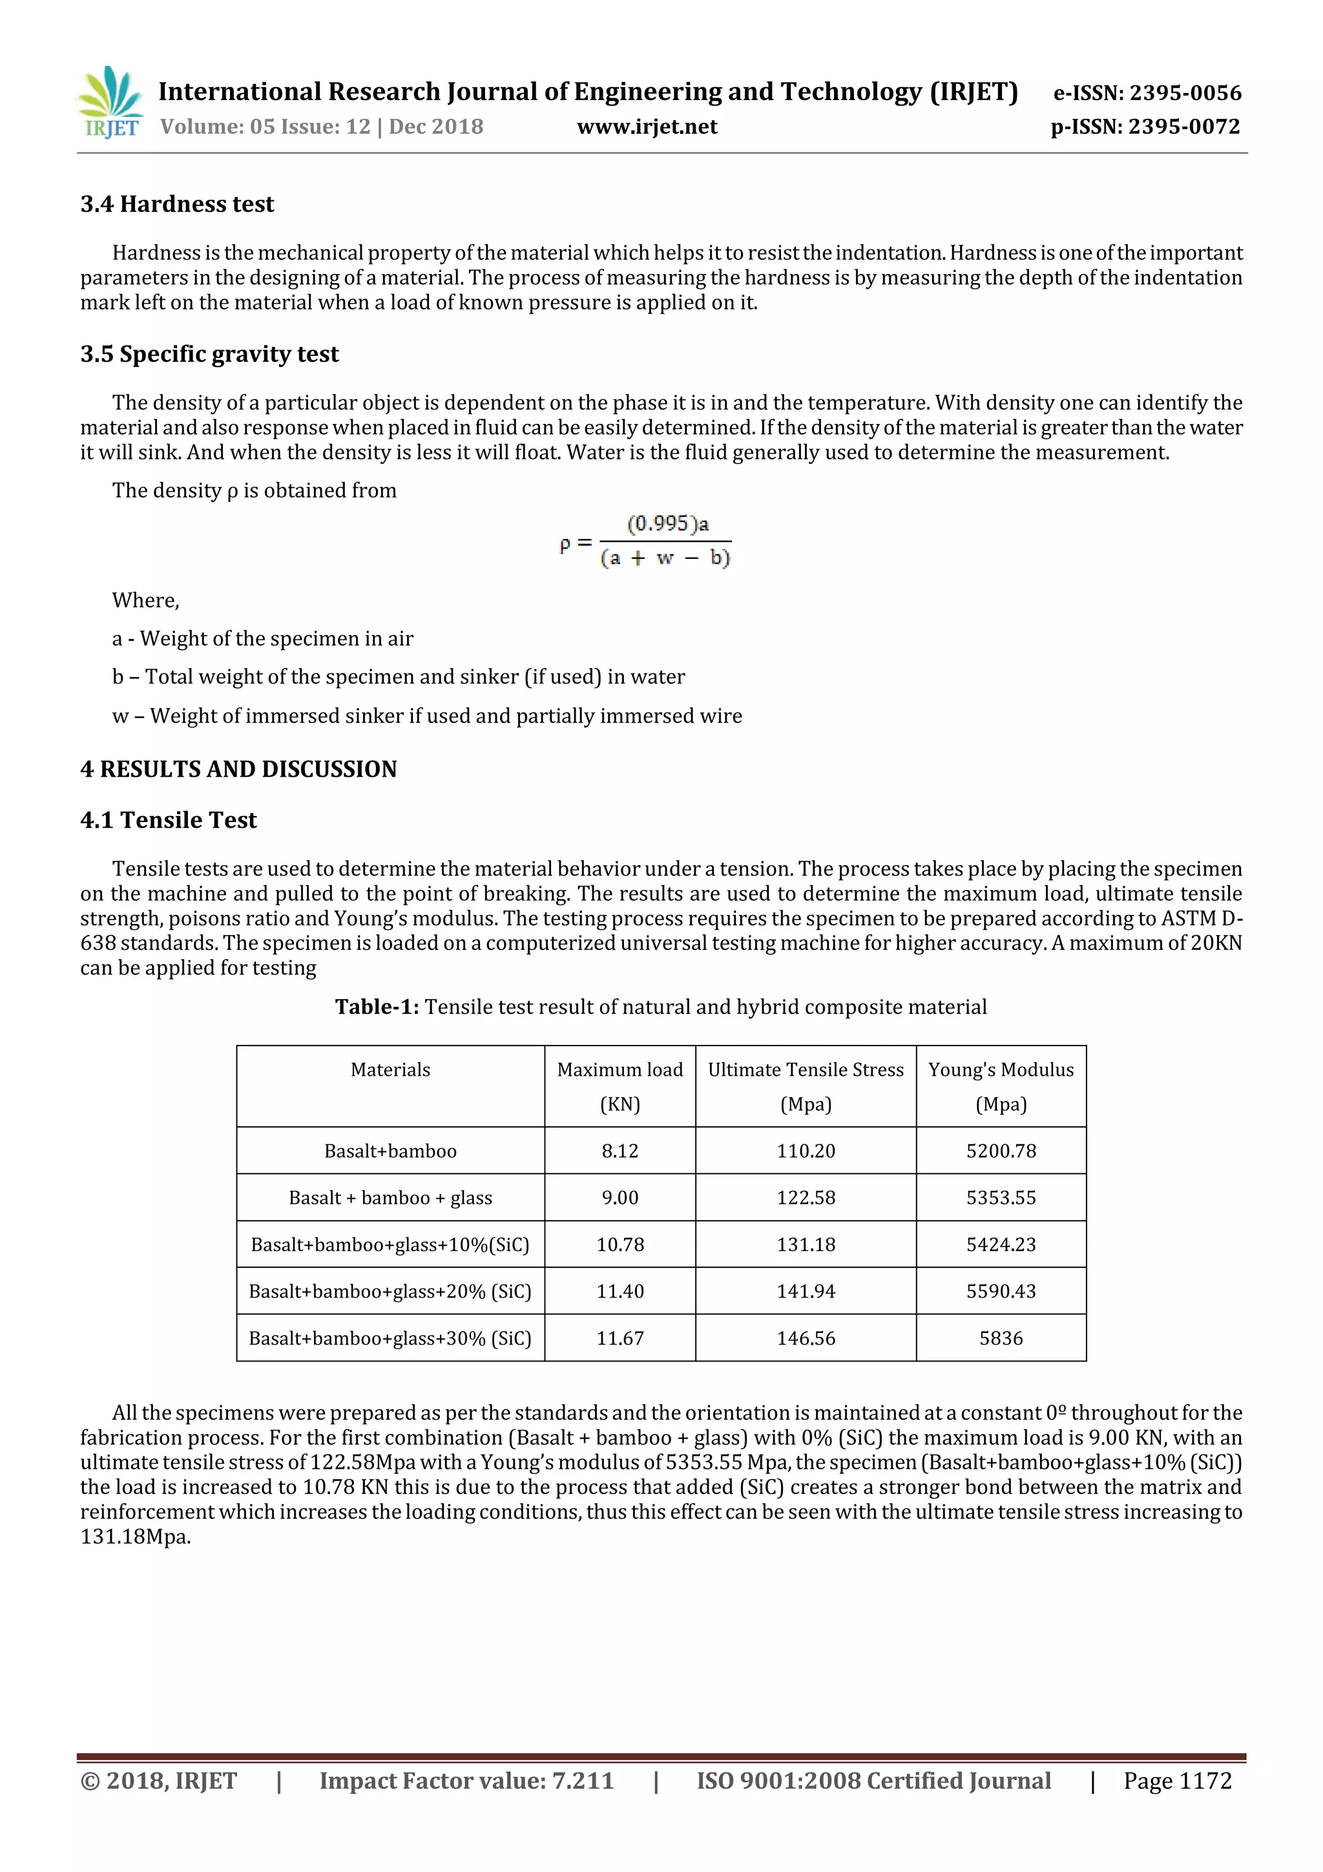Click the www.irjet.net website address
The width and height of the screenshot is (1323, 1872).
coord(647,127)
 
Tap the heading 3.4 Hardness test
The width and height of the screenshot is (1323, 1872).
coord(177,204)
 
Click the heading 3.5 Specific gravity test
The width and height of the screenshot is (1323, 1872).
coord(209,354)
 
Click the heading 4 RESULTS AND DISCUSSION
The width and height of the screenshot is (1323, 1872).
coord(238,769)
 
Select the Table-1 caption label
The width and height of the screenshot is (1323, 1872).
coord(377,1007)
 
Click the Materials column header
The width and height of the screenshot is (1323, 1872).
coord(390,1069)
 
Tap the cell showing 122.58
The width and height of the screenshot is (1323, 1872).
coord(806,1198)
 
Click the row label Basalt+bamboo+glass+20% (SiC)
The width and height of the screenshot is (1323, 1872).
coord(390,1292)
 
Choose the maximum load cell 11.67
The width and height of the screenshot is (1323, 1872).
coord(620,1338)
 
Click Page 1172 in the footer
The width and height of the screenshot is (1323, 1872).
coord(1176,1781)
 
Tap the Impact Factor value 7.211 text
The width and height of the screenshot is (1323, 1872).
coord(466,1781)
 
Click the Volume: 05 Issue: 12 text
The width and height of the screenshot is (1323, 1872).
coord(265,127)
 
